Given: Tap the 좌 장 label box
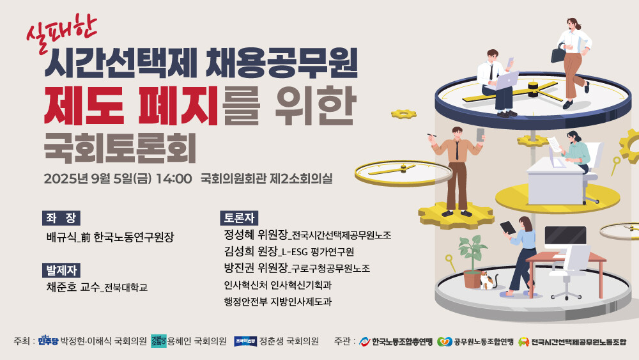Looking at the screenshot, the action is pos(61,218).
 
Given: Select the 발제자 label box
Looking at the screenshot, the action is pos(61,270).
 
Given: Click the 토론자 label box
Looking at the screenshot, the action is pos(239,218).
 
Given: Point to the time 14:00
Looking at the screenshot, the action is pos(174,178).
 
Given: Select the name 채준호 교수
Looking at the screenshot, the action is pos(73,287).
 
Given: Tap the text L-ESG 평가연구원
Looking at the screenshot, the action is pos(318,252).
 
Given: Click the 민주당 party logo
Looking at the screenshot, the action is pos(48,340).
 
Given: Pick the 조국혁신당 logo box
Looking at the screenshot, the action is pos(245,341).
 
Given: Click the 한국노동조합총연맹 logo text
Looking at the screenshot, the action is pos(402,341).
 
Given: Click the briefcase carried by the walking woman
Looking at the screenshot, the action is pos(558,54).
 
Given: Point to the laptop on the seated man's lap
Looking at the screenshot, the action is pos(506,81).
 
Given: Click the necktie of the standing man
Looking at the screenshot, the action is pos(458,150).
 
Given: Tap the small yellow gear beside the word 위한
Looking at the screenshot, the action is pos(403,114).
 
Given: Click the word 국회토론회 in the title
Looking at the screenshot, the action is pos(120,147).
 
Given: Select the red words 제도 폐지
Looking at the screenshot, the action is pos(131,106).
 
